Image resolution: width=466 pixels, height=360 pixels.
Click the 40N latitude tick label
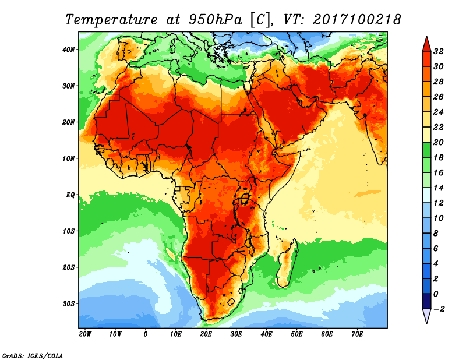tap(69, 49)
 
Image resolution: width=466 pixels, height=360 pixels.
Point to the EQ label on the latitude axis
tap(70, 195)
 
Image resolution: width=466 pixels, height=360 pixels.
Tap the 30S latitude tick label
tap(69, 303)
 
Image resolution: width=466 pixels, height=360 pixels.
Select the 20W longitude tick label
tap(85, 334)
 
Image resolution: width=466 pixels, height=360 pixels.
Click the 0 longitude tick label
tap(146, 334)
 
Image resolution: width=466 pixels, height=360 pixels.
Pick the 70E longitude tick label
tap(357, 334)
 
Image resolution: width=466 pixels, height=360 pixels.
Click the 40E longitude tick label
tap(266, 334)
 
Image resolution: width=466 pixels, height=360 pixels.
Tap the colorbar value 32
tap(439, 51)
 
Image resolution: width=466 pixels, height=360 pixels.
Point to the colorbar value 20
tap(439, 142)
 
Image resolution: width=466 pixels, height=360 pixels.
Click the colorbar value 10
tap(439, 218)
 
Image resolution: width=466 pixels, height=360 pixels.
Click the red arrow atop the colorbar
tap(426, 43)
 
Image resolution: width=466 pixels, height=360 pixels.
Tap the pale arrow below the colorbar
tap(426, 316)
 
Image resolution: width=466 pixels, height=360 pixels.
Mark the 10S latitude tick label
tap(69, 231)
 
